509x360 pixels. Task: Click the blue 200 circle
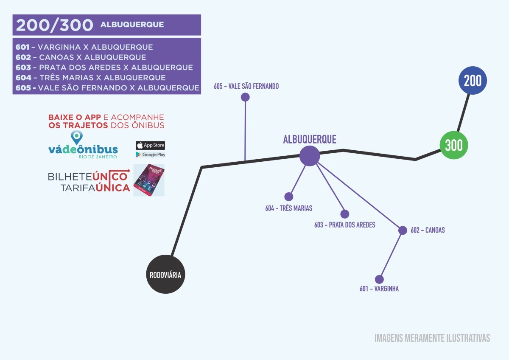click(473, 81)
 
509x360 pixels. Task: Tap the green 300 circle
click(454, 145)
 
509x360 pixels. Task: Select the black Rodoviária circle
click(165, 274)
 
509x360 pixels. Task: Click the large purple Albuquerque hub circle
click(310, 156)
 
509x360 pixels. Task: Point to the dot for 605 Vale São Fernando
click(245, 97)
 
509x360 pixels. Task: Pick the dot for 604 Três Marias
click(289, 197)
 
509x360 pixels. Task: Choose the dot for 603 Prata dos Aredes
click(345, 214)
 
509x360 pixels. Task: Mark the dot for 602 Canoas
click(403, 230)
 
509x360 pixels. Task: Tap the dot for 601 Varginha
click(379, 279)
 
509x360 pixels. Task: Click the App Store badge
click(150, 145)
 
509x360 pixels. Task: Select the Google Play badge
click(150, 155)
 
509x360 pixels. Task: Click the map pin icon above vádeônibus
click(77, 137)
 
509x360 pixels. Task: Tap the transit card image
click(149, 180)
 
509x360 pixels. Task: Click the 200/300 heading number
click(54, 25)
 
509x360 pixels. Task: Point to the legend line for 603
click(104, 67)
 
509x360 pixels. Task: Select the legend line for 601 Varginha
click(84, 47)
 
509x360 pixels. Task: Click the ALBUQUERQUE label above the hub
click(310, 139)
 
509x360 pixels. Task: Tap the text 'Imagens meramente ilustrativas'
click(432, 338)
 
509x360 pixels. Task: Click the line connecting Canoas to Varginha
click(391, 255)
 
